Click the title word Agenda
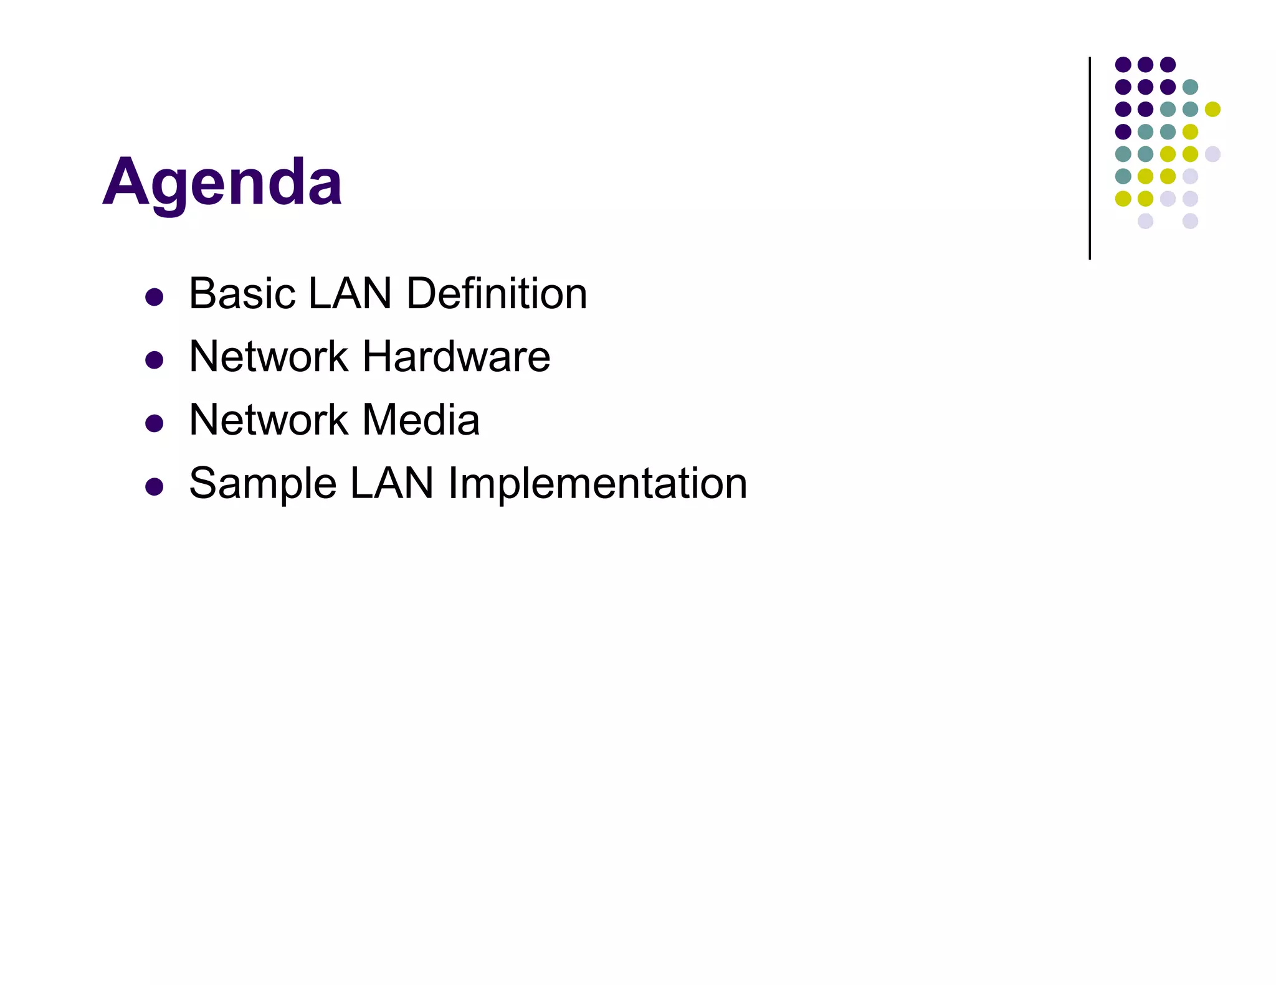[x=222, y=182]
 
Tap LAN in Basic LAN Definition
[x=350, y=293]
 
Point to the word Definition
[x=497, y=293]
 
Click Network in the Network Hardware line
[x=269, y=357]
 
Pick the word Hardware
[x=457, y=357]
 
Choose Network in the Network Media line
[x=269, y=420]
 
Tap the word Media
[x=421, y=420]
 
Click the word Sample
[x=262, y=484]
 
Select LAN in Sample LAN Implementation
[x=392, y=484]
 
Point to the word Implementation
[x=598, y=484]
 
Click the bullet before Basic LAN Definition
[x=154, y=296]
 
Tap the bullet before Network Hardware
[x=154, y=360]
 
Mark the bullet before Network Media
[x=154, y=423]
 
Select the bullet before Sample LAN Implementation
[x=154, y=486]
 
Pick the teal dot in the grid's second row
[x=1190, y=87]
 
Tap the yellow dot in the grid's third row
[x=1212, y=109]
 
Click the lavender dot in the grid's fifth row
[x=1212, y=154]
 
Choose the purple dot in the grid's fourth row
[x=1123, y=131]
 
